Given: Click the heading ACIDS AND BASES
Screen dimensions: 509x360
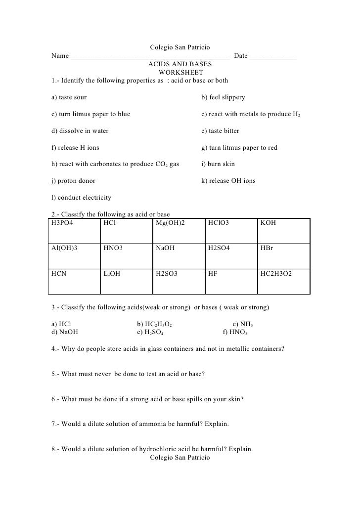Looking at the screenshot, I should pyautogui.click(x=180, y=64).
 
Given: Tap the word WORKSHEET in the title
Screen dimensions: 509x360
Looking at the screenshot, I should pyautogui.click(x=180, y=73).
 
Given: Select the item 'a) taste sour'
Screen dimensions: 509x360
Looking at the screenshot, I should pyautogui.click(x=69, y=97).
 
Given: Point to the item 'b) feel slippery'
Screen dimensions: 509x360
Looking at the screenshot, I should pyautogui.click(x=223, y=97).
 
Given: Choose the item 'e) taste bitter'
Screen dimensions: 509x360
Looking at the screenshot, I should pyautogui.click(x=220, y=131).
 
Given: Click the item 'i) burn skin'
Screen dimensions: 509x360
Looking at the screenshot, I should pyautogui.click(x=218, y=164).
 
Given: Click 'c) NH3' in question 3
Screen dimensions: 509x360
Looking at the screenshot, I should pyautogui.click(x=243, y=324).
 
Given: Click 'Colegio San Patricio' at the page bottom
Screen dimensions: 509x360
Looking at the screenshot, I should pyautogui.click(x=180, y=458).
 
